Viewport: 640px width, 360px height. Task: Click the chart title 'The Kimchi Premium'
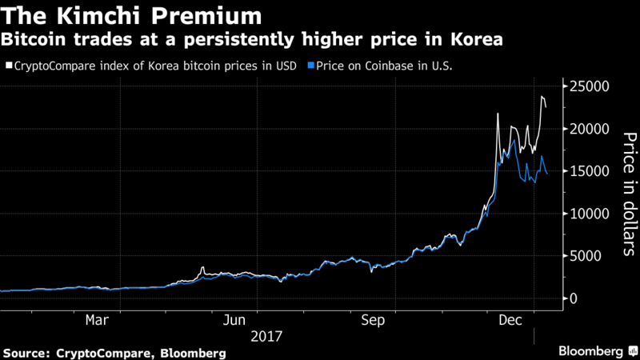coord(132,15)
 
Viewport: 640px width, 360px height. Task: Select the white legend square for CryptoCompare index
coord(7,66)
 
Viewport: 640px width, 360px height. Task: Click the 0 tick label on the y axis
coord(605,298)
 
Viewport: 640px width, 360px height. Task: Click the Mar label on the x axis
coord(97,321)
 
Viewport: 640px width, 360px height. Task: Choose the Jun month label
coord(233,321)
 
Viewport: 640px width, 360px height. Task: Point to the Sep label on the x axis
coord(374,321)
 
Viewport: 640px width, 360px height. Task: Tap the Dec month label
coord(513,321)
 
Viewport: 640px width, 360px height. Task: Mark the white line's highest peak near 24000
coord(542,97)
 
